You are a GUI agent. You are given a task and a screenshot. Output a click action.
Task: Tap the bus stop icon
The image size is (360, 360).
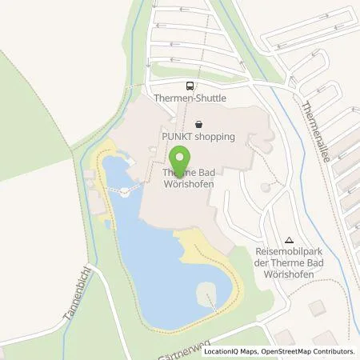point(190,86)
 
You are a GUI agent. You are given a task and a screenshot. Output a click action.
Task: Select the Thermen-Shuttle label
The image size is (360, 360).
point(190,98)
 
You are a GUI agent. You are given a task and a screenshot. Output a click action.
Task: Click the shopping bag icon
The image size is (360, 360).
point(198,124)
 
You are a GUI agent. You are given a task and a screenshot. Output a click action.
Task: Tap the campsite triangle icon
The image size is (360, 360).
point(289,238)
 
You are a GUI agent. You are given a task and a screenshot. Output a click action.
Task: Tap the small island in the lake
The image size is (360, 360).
point(207,290)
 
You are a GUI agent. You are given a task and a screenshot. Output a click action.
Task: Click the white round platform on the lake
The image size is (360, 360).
point(126,190)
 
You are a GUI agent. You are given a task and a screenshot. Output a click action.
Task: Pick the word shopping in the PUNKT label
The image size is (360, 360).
point(214,137)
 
